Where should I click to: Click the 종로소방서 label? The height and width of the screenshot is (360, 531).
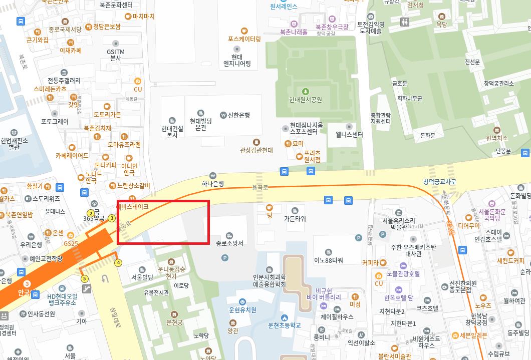pyautogui.click(x=229, y=243)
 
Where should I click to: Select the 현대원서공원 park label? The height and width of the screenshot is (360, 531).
pyautogui.click(x=305, y=99)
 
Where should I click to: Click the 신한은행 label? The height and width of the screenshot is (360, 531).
pyautogui.click(x=239, y=115)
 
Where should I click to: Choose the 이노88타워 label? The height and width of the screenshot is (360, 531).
pyautogui.click(x=328, y=260)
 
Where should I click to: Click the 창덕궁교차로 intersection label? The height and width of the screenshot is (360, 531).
pyautogui.click(x=440, y=182)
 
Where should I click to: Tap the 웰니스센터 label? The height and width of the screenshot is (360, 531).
pyautogui.click(x=349, y=135)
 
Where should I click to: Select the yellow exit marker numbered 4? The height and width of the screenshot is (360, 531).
pyautogui.click(x=118, y=262)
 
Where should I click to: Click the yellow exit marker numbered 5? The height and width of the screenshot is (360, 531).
pyautogui.click(x=84, y=278)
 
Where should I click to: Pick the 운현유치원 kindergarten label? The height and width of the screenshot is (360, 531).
pyautogui.click(x=242, y=310)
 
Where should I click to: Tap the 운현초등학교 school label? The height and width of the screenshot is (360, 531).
pyautogui.click(x=285, y=325)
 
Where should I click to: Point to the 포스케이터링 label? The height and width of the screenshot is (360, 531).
pyautogui.click(x=244, y=39)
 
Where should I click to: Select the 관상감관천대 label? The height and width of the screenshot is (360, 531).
pyautogui.click(x=256, y=150)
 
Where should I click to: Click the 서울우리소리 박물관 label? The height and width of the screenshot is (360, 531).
pyautogui.click(x=398, y=224)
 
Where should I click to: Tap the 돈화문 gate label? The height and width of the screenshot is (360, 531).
pyautogui.click(x=427, y=135)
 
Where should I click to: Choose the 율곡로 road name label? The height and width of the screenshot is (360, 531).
pyautogui.click(x=260, y=188)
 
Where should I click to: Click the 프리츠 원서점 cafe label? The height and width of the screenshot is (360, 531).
pyautogui.click(x=312, y=156)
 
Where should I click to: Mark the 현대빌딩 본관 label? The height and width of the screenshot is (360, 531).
pyautogui.click(x=201, y=124)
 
